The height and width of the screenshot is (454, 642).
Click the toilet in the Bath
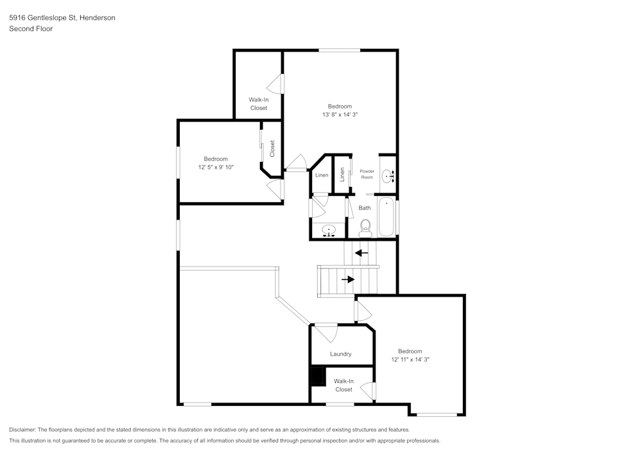[365, 226]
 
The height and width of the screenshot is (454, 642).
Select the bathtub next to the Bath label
[386, 218]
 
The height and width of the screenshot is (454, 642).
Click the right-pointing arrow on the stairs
[349, 279]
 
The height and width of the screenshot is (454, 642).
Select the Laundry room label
[340, 354]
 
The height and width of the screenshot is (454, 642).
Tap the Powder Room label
[367, 174]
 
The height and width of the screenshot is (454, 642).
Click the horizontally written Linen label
[322, 175]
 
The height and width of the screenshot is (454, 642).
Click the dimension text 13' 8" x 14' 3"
[340, 114]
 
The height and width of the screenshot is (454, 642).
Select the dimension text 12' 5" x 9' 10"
[216, 167]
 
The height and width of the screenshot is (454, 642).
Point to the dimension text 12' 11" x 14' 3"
[410, 360]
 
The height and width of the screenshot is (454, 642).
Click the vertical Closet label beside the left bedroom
[272, 148]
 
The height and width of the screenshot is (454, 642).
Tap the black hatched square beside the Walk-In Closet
[318, 376]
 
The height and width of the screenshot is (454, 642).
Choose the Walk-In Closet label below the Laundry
[343, 385]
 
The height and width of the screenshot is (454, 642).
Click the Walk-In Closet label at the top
[259, 104]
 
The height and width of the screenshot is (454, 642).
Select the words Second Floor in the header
[31, 29]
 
